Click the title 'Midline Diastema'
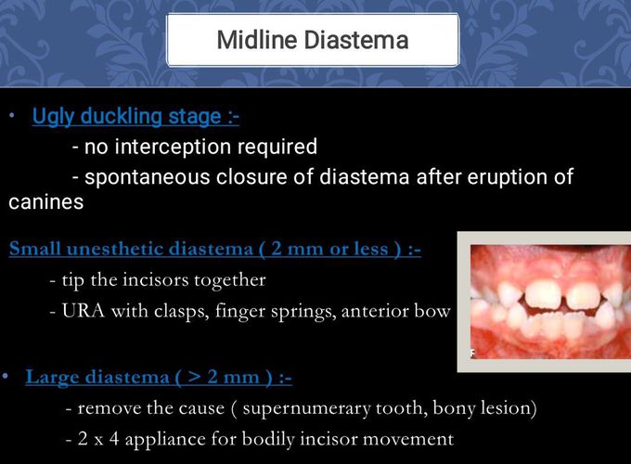(312, 40)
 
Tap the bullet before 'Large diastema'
(6, 376)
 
